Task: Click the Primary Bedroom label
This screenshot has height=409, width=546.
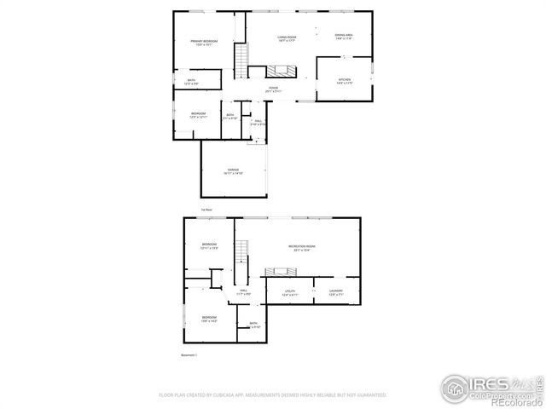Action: pos(203,43)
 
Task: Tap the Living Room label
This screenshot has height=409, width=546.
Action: pos(286,38)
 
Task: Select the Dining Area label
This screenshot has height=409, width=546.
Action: pos(344,37)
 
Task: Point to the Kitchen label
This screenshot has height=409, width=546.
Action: pos(344,81)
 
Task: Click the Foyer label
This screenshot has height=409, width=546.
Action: pos(273,89)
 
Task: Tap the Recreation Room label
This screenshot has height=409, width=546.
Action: pos(297,248)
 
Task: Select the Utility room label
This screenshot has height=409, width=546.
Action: pos(290,293)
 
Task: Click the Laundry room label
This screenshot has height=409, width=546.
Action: pos(335,293)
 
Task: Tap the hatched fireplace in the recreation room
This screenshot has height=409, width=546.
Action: pos(279,272)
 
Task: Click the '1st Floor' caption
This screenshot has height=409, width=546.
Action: pos(206,208)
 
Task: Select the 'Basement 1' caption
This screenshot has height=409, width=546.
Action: pos(189,354)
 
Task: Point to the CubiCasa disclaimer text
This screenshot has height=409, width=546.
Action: pos(273,395)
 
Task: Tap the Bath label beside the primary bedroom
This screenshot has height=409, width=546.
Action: pos(191,82)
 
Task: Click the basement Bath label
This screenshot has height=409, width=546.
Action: pos(253,324)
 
